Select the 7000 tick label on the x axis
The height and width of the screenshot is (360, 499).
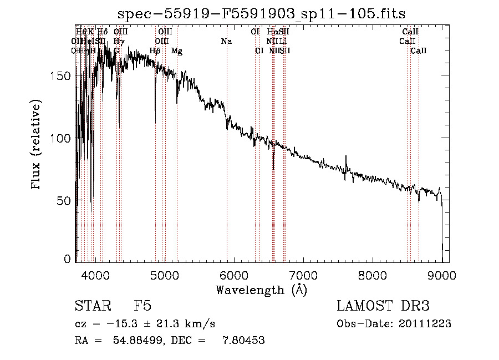pyautogui.click(x=303, y=275)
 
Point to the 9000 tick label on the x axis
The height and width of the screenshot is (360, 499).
pyautogui.click(x=442, y=275)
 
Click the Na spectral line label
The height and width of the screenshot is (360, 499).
pyautogui.click(x=226, y=41)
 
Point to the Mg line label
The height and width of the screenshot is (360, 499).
pyautogui.click(x=177, y=51)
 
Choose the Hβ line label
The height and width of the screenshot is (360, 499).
pyautogui.click(x=155, y=51)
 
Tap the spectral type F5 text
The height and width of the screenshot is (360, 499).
pyautogui.click(x=142, y=306)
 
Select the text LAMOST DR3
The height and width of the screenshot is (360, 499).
pyautogui.click(x=383, y=306)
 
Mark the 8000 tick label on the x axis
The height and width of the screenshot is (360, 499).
pyautogui.click(x=373, y=275)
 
